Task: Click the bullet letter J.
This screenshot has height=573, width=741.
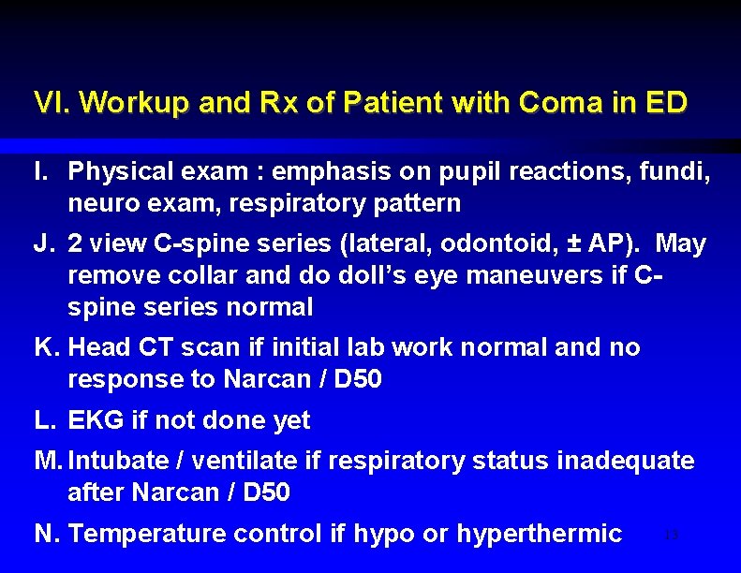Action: coord(44,243)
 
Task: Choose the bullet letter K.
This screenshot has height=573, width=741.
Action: coord(46,347)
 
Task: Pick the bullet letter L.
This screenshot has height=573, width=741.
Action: coord(44,420)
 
